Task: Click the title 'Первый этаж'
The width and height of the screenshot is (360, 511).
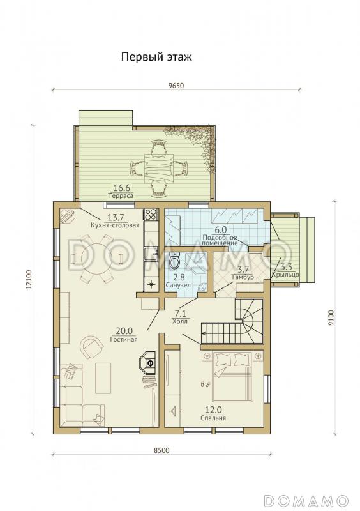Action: (x=157, y=57)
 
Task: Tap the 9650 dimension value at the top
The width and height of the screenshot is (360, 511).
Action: (x=176, y=86)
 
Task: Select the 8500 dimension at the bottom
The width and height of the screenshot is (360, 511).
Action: (x=161, y=450)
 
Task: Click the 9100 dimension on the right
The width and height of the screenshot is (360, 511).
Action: (x=331, y=317)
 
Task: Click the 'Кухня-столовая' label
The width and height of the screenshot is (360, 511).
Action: (x=115, y=225)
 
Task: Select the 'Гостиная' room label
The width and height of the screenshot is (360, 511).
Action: (x=123, y=339)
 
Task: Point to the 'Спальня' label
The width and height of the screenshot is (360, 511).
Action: (x=213, y=418)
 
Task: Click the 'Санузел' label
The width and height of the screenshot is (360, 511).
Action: (x=178, y=285)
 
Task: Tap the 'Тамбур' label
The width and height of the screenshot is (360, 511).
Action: (x=243, y=277)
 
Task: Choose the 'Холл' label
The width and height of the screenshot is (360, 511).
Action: (x=180, y=321)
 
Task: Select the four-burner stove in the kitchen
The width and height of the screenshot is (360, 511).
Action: (x=151, y=215)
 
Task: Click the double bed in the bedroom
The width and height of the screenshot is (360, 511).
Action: (x=232, y=376)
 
